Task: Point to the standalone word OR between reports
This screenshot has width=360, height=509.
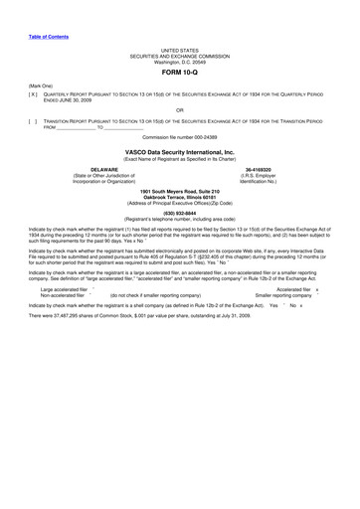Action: pyautogui.click(x=179, y=109)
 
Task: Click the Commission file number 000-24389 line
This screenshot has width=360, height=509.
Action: pyautogui.click(x=180, y=136)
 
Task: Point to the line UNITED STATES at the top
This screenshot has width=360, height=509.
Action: pyautogui.click(x=180, y=49)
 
